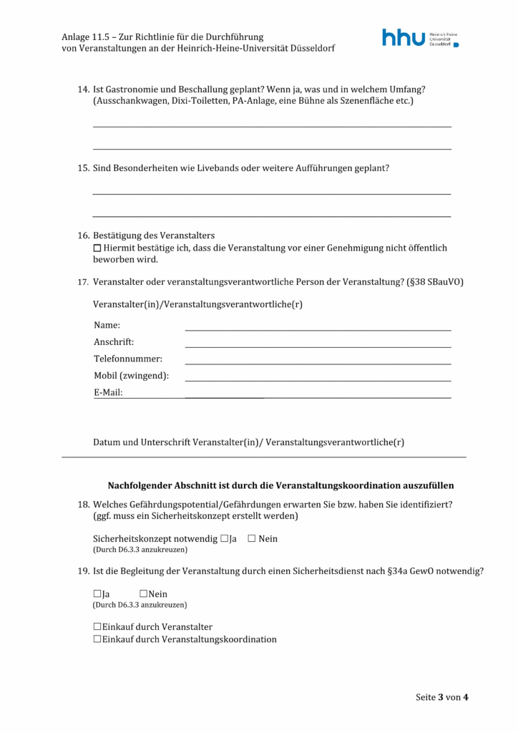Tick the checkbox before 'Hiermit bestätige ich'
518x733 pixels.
tap(98, 248)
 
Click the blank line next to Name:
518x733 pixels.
tap(318, 326)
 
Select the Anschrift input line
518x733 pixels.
tap(318, 344)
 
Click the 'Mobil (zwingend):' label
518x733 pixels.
tap(131, 376)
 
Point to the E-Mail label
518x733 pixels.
tap(108, 392)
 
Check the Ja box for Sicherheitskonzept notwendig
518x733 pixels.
tap(225, 538)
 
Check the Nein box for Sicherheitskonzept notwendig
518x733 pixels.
tap(252, 538)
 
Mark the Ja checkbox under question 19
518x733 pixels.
tap(97, 593)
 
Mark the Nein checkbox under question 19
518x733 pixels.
tap(143, 593)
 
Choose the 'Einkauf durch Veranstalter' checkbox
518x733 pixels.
tap(97, 626)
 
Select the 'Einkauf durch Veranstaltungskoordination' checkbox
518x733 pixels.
tap(97, 639)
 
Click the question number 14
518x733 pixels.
tap(82, 89)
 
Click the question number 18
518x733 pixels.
tap(82, 505)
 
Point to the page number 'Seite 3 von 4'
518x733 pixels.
tap(442, 697)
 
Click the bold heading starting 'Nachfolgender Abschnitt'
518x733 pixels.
tap(280, 485)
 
